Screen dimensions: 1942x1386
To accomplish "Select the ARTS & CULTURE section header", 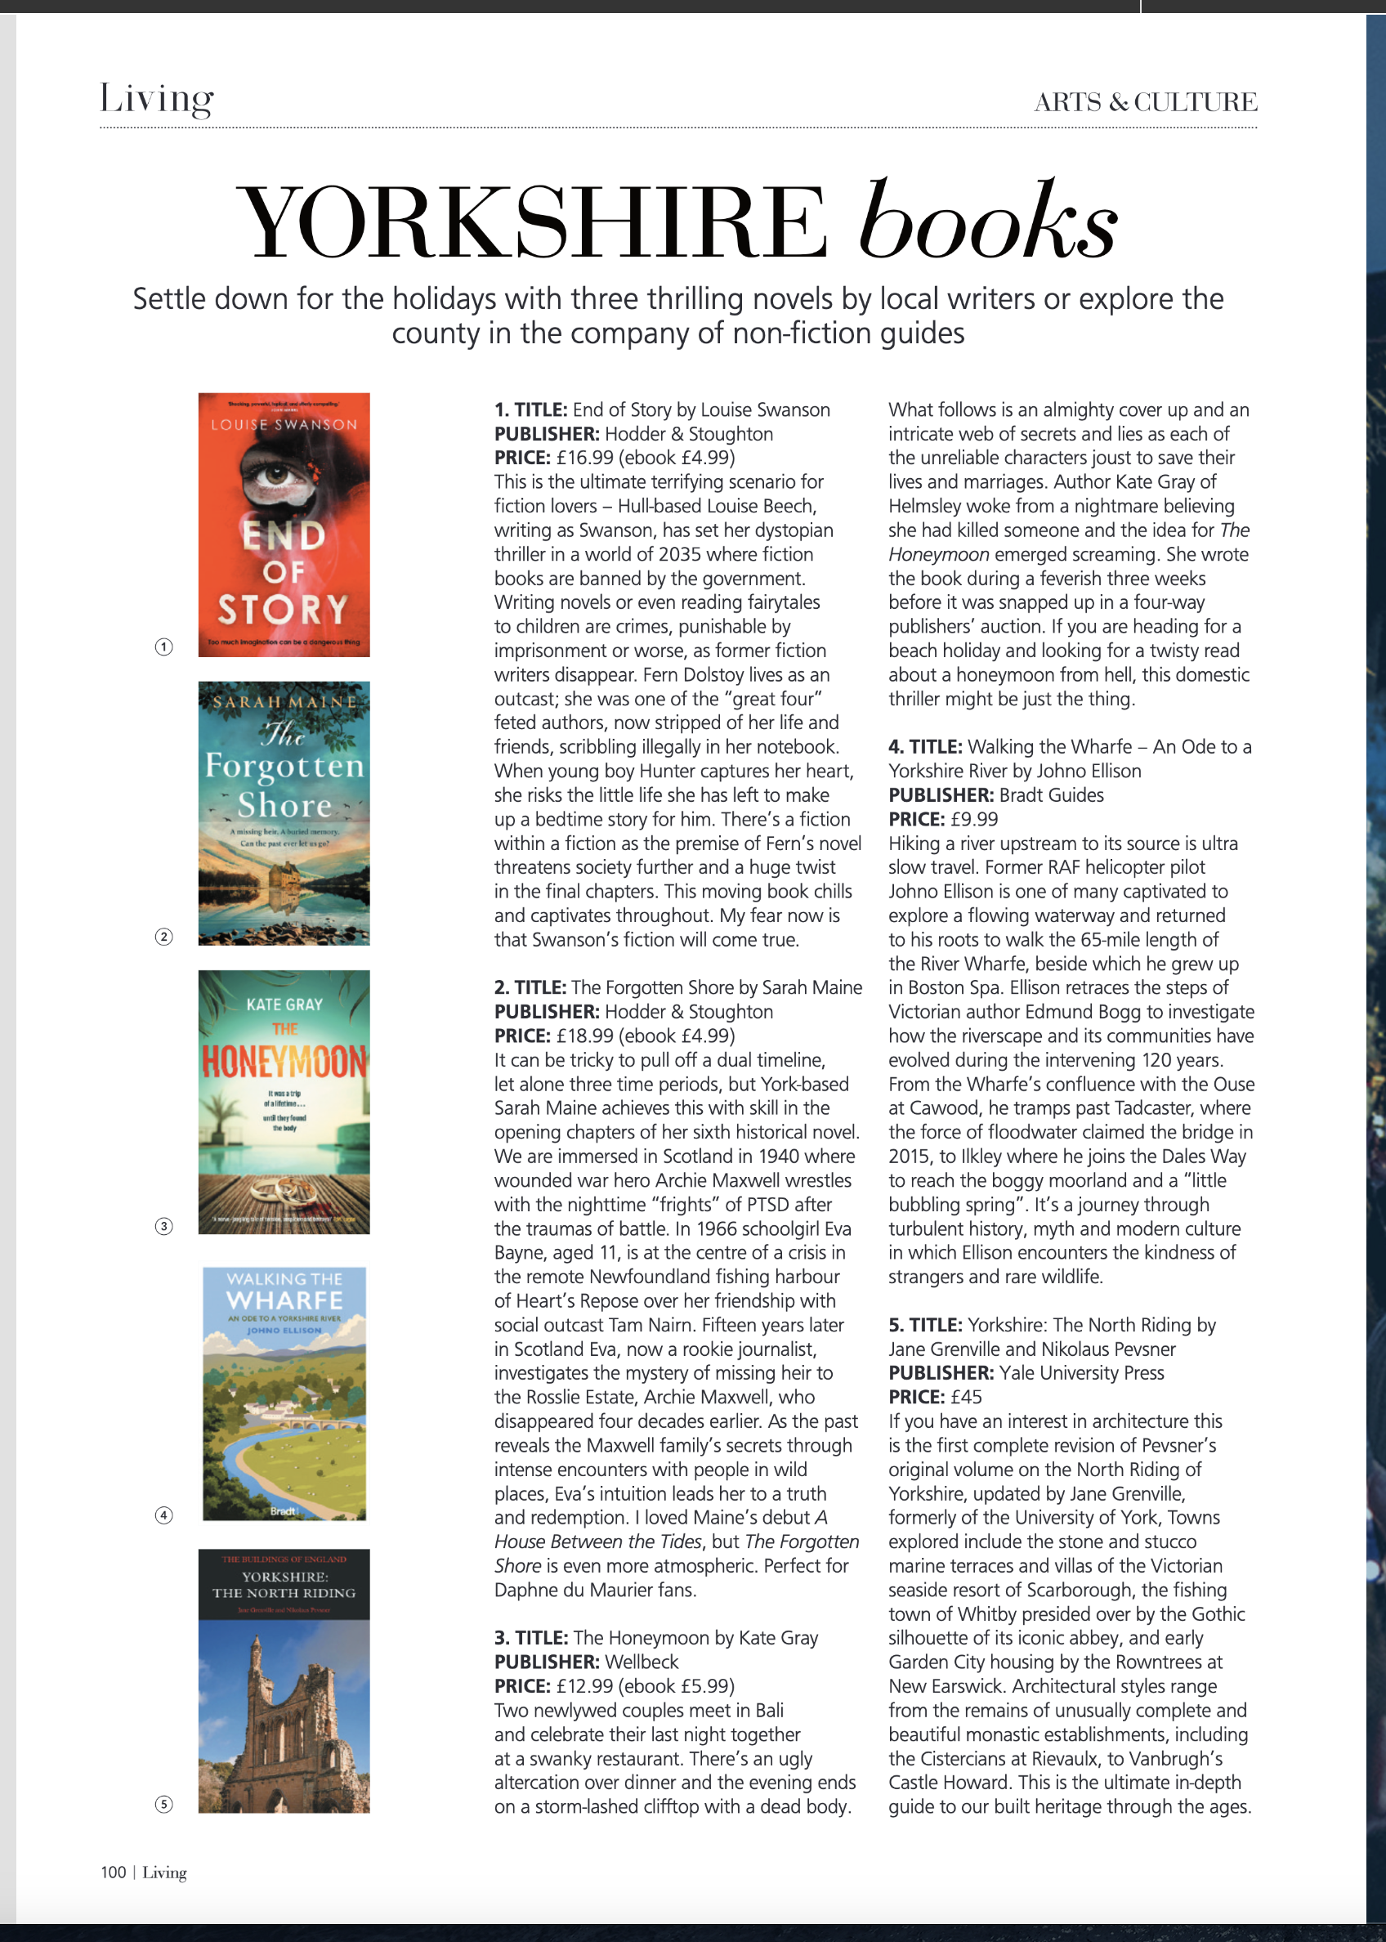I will (x=1144, y=102).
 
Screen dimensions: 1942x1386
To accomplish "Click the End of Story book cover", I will (x=284, y=524).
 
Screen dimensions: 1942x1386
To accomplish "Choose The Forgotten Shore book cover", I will (x=284, y=812).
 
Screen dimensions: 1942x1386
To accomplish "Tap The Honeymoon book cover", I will (x=284, y=1101).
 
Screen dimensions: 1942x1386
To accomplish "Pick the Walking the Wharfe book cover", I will (x=284, y=1393).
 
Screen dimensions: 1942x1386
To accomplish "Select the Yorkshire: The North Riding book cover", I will (x=284, y=1680).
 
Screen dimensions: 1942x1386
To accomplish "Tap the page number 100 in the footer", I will (x=113, y=1872).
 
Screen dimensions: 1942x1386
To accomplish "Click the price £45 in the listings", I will (x=966, y=1398).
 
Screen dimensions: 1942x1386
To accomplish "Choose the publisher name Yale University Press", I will (x=1081, y=1372).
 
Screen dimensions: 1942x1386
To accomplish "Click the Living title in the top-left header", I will (x=156, y=99).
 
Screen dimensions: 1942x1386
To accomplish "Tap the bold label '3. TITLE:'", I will (x=531, y=1638).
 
